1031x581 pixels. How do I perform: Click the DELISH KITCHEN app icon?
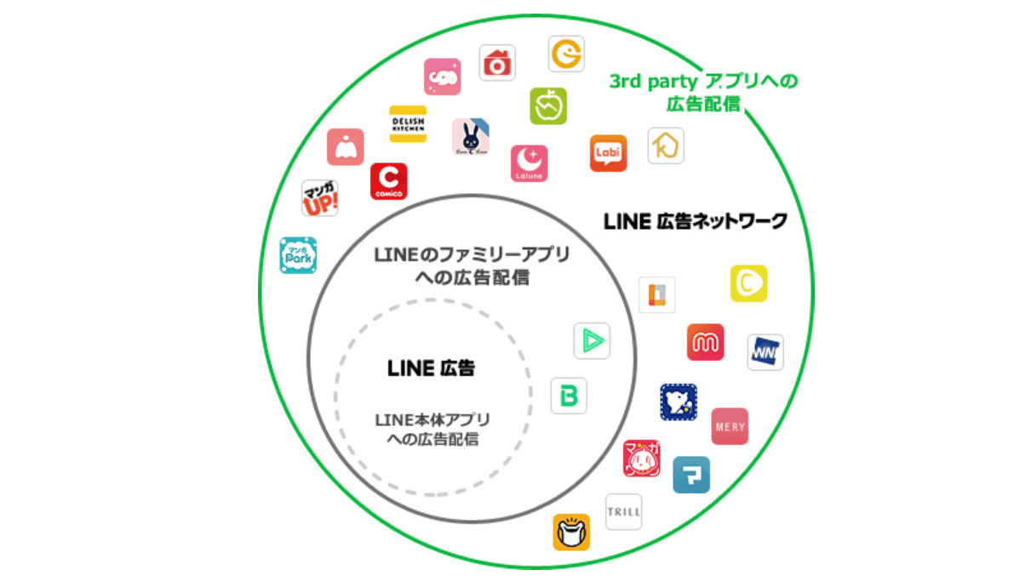tap(407, 123)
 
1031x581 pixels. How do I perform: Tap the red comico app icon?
tap(388, 181)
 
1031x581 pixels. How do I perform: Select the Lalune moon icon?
tap(529, 162)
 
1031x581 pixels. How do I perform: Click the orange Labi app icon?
tap(608, 153)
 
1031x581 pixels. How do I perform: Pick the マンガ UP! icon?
tap(320, 197)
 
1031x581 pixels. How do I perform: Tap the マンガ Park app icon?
tap(298, 255)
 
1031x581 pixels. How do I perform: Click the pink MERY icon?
tap(730, 426)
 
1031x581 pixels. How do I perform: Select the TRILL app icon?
tap(623, 512)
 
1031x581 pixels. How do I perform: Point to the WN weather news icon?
tap(765, 352)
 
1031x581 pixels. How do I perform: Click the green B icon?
tap(569, 396)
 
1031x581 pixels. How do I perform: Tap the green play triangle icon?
tap(592, 341)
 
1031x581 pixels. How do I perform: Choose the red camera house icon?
tap(497, 63)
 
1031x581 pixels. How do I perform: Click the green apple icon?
tap(547, 105)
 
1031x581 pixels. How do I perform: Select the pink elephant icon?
tap(442, 77)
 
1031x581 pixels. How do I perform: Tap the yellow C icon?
tap(748, 283)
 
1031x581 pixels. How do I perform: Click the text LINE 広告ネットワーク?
tap(695, 221)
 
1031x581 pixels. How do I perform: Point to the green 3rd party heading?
tap(703, 83)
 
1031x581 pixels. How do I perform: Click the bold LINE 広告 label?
tap(431, 368)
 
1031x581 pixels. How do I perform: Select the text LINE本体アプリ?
tap(432, 421)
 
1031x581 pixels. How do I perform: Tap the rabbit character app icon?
tap(470, 136)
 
